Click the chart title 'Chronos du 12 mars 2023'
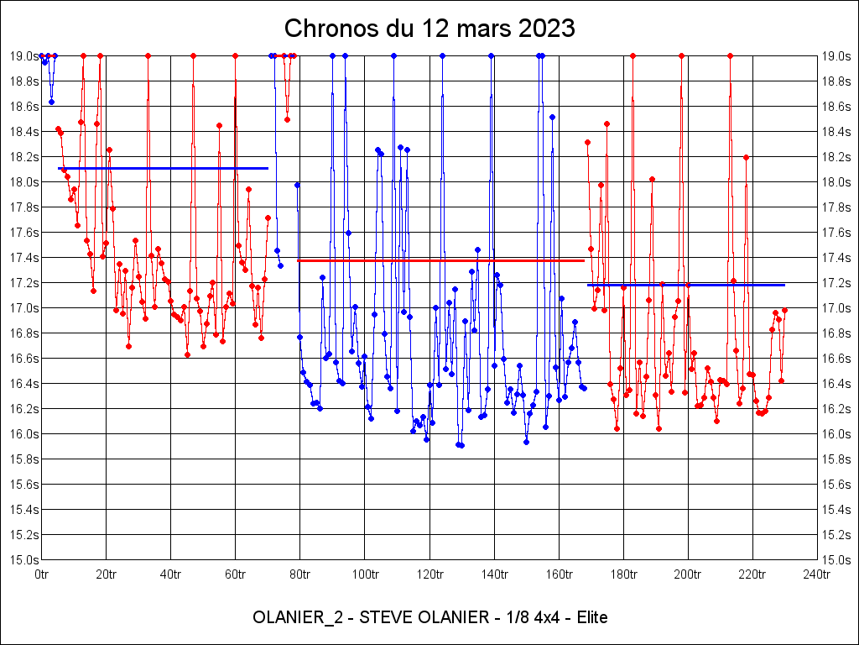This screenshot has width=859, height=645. click(429, 29)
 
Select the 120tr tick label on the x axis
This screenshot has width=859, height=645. click(429, 574)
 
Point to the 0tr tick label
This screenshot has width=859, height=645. click(41, 574)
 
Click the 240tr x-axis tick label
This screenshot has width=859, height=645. click(817, 574)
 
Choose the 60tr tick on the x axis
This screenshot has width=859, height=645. click(235, 574)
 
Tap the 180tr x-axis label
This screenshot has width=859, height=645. click(623, 574)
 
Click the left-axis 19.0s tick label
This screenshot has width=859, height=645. click(23, 56)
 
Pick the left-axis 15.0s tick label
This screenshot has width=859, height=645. click(23, 560)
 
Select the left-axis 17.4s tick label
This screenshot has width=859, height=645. click(23, 258)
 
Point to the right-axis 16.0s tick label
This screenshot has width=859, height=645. click(836, 434)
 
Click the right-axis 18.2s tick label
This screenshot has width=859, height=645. click(836, 157)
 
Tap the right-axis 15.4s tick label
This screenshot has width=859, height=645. click(836, 510)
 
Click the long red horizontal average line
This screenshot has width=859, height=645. click(440, 260)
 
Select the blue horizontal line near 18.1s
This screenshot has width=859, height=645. click(164, 168)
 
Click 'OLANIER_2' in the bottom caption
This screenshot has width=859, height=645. click(291, 618)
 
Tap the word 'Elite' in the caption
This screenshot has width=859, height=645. click(589, 618)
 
